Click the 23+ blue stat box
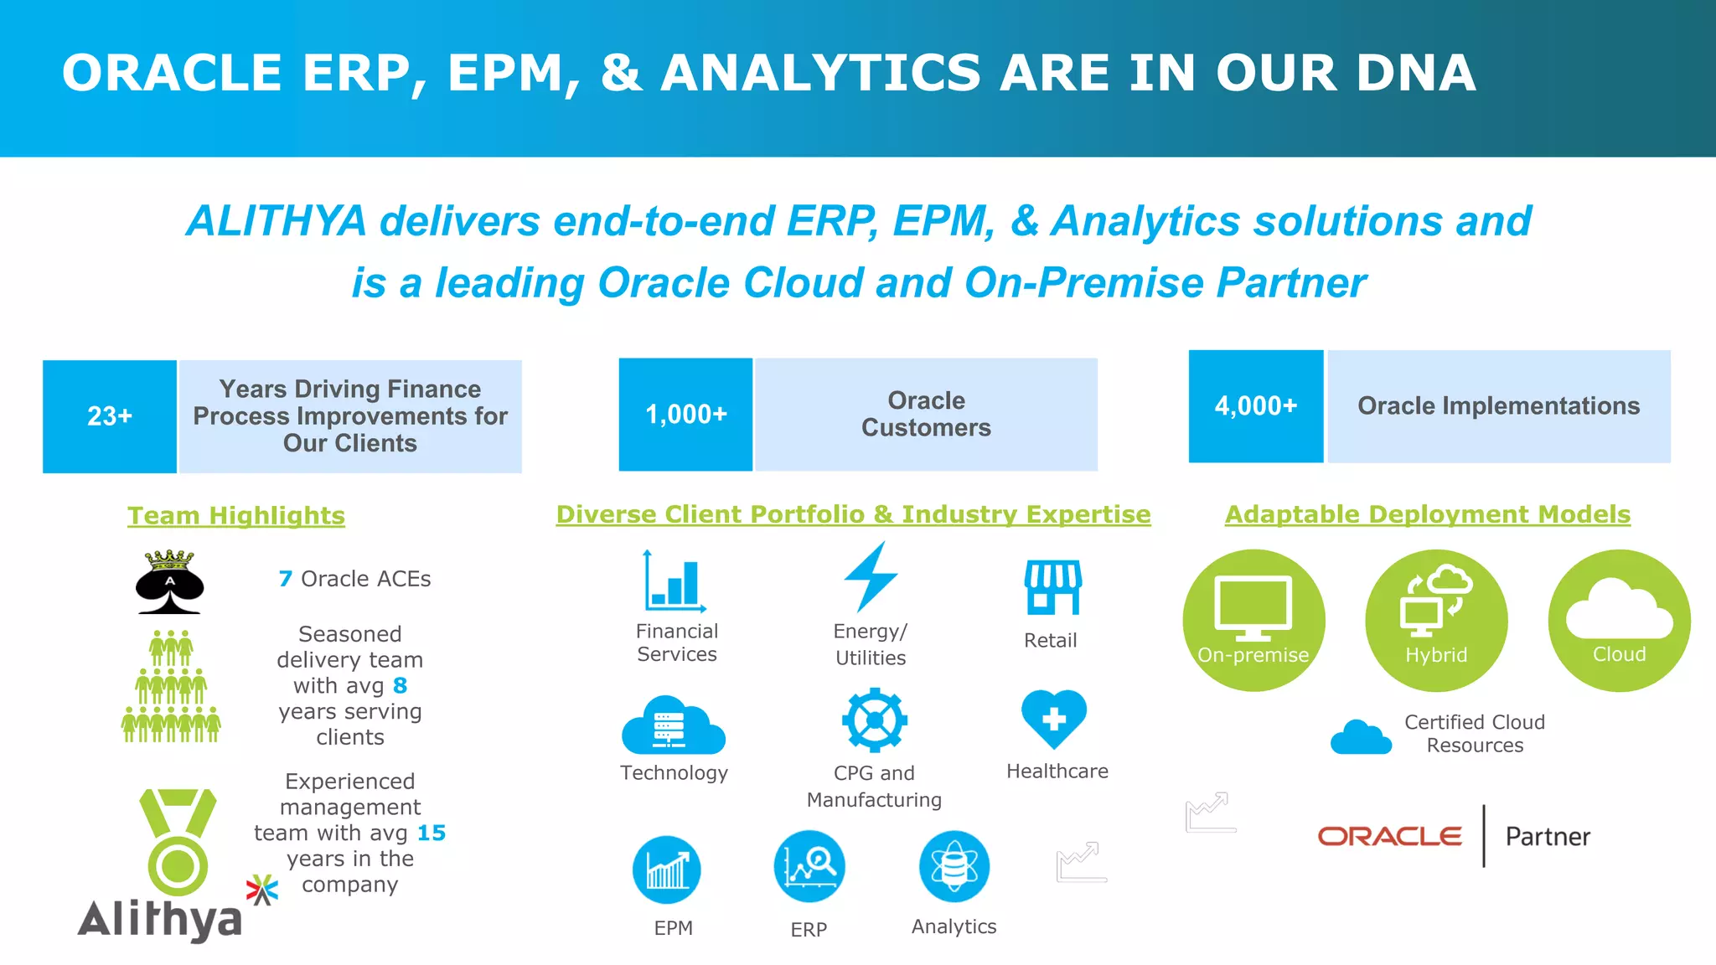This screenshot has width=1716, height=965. tap(110, 416)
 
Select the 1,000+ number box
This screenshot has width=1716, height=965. tap(685, 415)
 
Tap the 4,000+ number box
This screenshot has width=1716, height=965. tap(1255, 406)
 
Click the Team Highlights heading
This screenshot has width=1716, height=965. tap(236, 515)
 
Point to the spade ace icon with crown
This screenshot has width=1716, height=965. tap(170, 582)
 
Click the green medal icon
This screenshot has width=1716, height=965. tap(178, 842)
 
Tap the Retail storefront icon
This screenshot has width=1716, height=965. tap(1052, 587)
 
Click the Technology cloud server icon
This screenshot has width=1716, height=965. tap(673, 725)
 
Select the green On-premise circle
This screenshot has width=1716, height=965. tap(1253, 621)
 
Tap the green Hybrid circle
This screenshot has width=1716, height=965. tap(1436, 621)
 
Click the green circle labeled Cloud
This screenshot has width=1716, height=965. tap(1619, 621)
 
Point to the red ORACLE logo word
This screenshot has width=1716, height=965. tap(1389, 836)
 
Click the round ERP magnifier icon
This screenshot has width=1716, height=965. tap(809, 866)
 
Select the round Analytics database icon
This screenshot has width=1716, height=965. tap(954, 866)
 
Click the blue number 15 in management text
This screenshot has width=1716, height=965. tap(432, 833)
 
